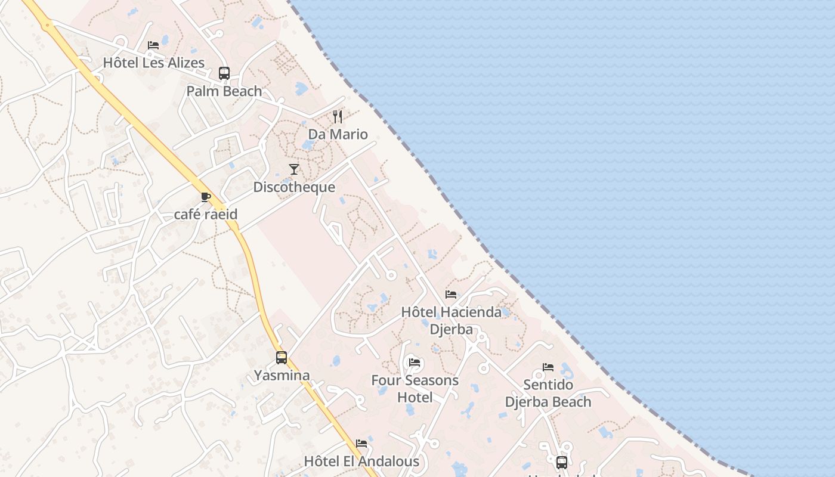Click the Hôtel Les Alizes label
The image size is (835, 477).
pyautogui.click(x=153, y=63)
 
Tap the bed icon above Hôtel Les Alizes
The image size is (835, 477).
pyautogui.click(x=153, y=45)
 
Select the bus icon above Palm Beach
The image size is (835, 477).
pyautogui.click(x=224, y=73)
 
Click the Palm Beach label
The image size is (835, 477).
pyautogui.click(x=224, y=91)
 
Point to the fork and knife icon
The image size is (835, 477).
pyautogui.click(x=338, y=116)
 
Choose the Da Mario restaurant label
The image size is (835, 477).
pyautogui.click(x=338, y=134)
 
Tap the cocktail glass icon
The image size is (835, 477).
pyautogui.click(x=293, y=169)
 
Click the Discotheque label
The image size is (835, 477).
pyautogui.click(x=294, y=187)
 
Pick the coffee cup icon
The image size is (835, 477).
pyautogui.click(x=206, y=197)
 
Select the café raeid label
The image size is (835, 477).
pyautogui.click(x=206, y=215)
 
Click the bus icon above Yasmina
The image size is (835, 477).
pyautogui.click(x=282, y=358)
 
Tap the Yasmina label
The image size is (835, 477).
pyautogui.click(x=282, y=376)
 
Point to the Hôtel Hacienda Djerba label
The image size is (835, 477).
pyautogui.click(x=451, y=320)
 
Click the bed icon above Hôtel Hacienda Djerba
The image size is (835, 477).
pyautogui.click(x=451, y=295)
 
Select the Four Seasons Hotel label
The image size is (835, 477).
pyautogui.click(x=415, y=388)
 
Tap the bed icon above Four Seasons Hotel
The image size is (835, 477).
pyautogui.click(x=415, y=363)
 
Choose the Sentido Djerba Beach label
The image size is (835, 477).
pyautogui.click(x=548, y=393)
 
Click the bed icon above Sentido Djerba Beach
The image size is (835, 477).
pyautogui.click(x=548, y=367)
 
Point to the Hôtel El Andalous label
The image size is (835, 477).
pyautogui.click(x=361, y=461)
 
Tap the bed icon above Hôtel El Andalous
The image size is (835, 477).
pyautogui.click(x=361, y=444)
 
